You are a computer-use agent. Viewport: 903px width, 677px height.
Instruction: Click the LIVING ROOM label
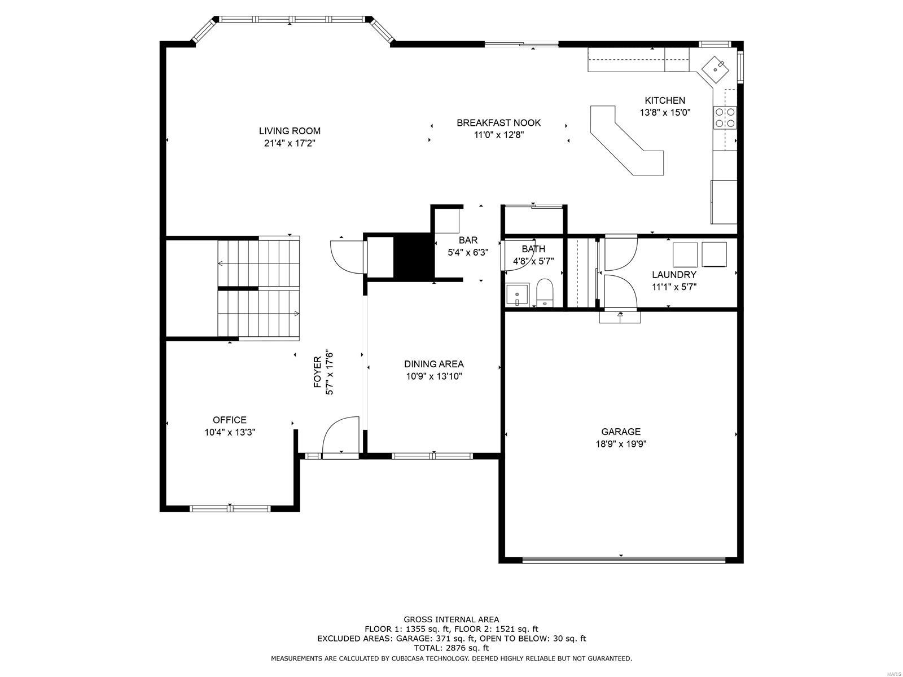290,131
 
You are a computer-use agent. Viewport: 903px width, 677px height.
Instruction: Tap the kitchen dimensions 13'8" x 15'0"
665,112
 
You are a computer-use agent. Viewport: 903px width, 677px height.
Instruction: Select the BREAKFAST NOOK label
498,122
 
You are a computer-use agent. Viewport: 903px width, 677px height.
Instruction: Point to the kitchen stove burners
725,117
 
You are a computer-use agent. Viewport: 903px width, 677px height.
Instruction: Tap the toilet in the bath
545,292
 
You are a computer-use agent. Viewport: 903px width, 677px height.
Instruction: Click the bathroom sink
517,295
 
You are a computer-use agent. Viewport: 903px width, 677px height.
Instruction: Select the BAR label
468,240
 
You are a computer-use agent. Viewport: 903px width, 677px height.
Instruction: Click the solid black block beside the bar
414,256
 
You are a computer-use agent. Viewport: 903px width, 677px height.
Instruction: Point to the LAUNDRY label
674,275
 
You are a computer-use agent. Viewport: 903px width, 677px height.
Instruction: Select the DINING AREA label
433,364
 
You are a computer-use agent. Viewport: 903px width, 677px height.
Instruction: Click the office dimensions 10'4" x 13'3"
230,432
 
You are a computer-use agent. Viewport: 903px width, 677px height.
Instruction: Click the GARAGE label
621,432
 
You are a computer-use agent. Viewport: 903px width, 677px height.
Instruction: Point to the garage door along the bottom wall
624,560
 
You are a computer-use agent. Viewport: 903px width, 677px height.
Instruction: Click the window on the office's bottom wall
230,508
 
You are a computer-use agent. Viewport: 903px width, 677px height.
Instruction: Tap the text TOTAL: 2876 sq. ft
451,648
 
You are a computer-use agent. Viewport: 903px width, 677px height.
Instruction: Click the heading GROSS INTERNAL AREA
451,619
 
